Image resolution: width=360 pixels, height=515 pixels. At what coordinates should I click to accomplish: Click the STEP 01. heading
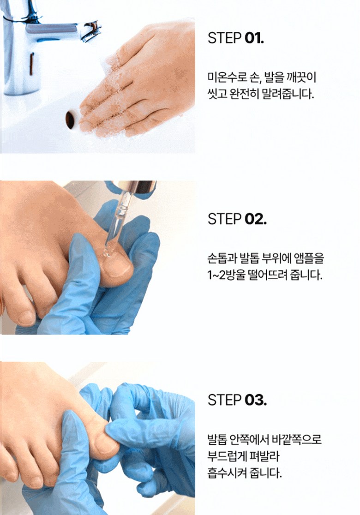point(236,38)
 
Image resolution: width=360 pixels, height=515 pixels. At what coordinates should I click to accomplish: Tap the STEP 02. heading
point(237,219)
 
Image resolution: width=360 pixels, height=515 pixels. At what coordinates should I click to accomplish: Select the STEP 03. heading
point(237,400)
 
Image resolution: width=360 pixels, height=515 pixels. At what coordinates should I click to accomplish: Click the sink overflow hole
point(71,120)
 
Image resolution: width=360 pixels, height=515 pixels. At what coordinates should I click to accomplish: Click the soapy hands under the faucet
point(138,82)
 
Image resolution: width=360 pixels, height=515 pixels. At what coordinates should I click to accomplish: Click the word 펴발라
point(266,456)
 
